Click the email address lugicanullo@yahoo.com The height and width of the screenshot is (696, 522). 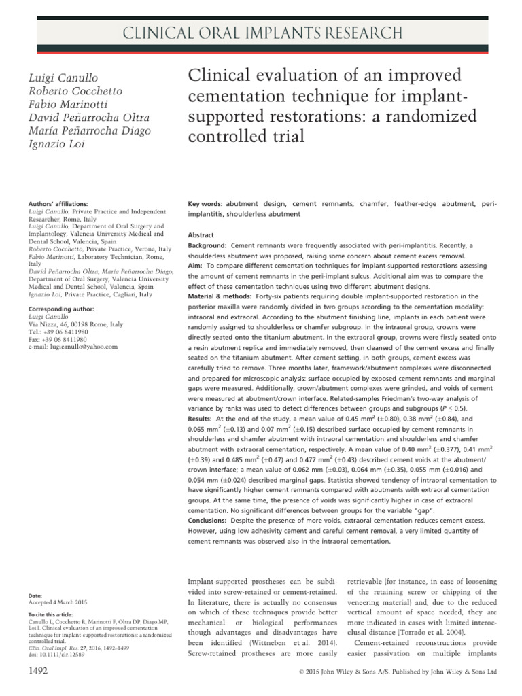coord(74,347)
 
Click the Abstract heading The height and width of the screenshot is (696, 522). coord(201,234)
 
